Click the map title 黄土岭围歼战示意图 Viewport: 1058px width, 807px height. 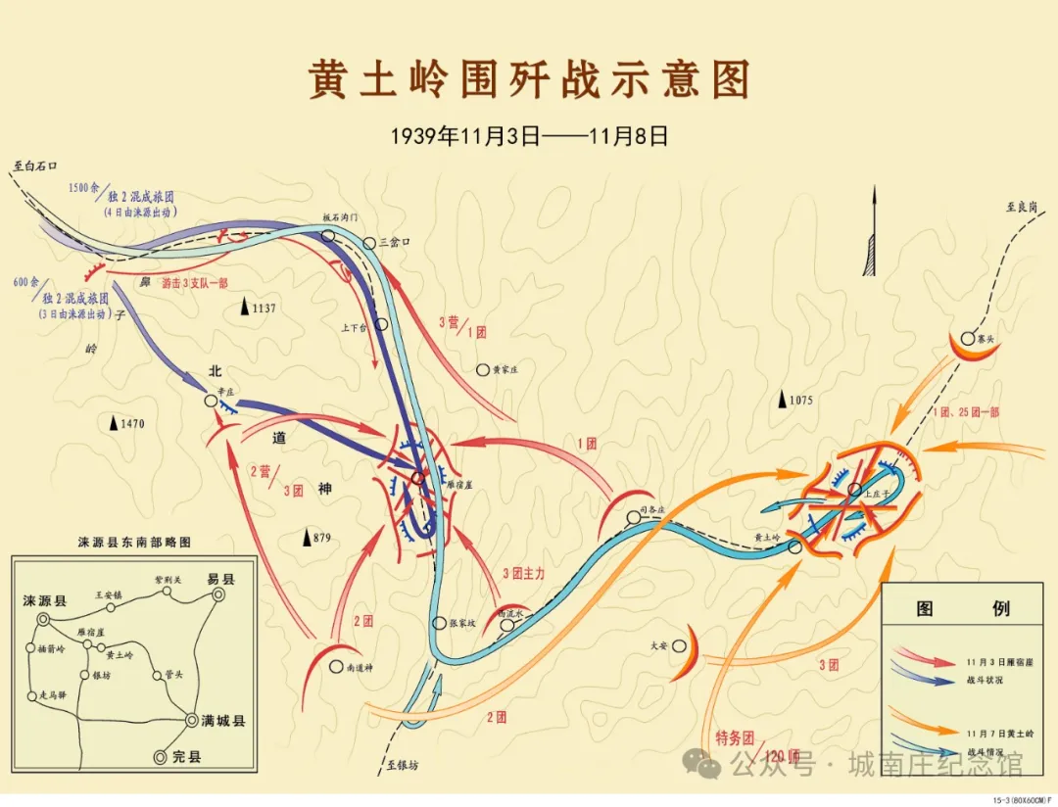point(529,80)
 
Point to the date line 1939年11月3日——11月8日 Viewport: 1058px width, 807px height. point(529,136)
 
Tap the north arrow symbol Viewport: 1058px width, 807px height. point(870,235)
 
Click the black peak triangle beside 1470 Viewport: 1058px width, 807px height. point(114,424)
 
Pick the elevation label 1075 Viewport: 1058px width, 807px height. point(800,400)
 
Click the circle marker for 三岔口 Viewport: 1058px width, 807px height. point(369,243)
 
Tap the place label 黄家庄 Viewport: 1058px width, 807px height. point(504,370)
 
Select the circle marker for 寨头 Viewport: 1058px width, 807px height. point(967,338)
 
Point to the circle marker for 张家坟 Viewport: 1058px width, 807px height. point(440,623)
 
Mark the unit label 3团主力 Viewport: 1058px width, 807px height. point(523,573)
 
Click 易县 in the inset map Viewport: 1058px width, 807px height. point(220,579)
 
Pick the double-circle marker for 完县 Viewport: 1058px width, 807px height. point(160,757)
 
